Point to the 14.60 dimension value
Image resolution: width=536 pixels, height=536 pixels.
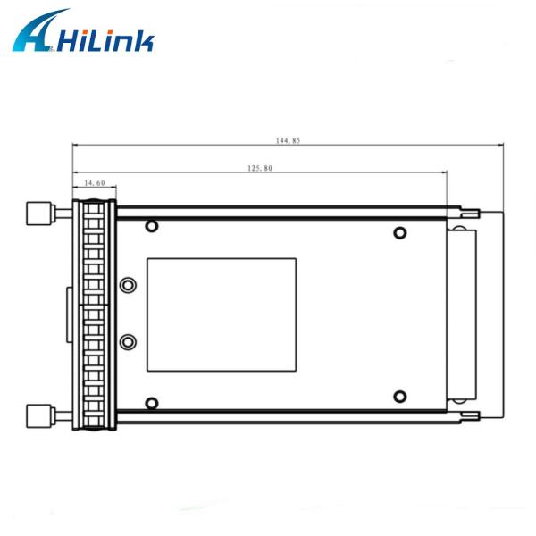click(94, 183)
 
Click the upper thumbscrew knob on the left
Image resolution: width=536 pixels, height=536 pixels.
click(38, 214)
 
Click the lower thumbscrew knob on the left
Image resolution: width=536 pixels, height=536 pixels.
click(38, 415)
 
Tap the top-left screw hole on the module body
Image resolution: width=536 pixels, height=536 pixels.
click(151, 225)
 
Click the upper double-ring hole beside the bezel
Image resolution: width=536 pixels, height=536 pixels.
click(128, 286)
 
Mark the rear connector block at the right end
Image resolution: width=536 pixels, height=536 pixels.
click(465, 314)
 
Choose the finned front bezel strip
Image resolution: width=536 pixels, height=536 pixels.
click(95, 314)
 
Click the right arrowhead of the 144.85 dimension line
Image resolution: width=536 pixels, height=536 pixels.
click(503, 147)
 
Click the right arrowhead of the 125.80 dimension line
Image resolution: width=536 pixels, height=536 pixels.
click(444, 172)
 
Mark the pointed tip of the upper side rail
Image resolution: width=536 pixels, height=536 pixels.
click(481, 213)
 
